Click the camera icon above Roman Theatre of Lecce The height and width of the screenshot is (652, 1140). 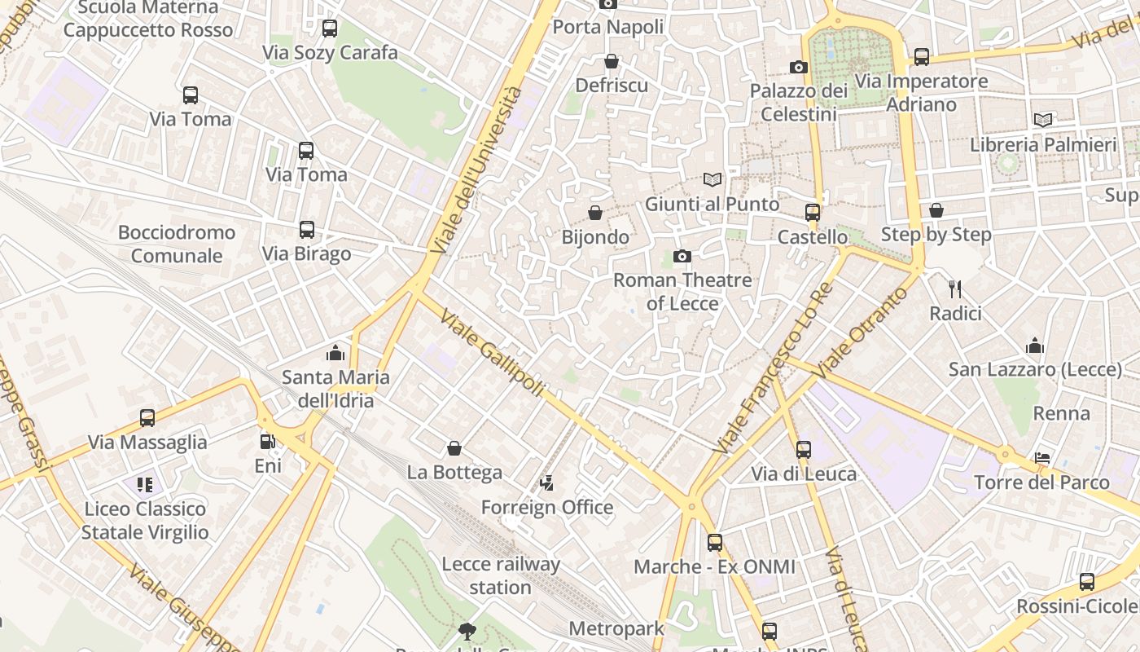coord(682,257)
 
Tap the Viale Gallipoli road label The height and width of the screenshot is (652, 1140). coord(491,353)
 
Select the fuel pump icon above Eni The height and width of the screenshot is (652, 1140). coord(267,442)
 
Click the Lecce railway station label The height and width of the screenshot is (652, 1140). coord(500,575)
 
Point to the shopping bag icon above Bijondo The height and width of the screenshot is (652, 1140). coord(595,213)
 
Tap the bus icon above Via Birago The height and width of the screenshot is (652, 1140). coord(307,230)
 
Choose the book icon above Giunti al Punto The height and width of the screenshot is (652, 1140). coord(712,179)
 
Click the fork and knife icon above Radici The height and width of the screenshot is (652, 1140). coord(955,289)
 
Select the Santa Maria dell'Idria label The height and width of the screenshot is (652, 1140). coord(335,389)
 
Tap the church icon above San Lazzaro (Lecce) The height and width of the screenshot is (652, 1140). coord(1035,346)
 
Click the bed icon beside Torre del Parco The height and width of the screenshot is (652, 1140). coord(1042,457)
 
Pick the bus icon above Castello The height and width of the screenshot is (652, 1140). coord(812,213)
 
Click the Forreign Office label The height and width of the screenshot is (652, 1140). coord(547,507)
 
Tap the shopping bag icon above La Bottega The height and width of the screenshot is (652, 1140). coord(454,448)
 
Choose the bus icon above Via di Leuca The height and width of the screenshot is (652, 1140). coord(804,449)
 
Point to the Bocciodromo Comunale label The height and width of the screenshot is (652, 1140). coord(177,244)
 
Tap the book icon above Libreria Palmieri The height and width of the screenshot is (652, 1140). coord(1043,120)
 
